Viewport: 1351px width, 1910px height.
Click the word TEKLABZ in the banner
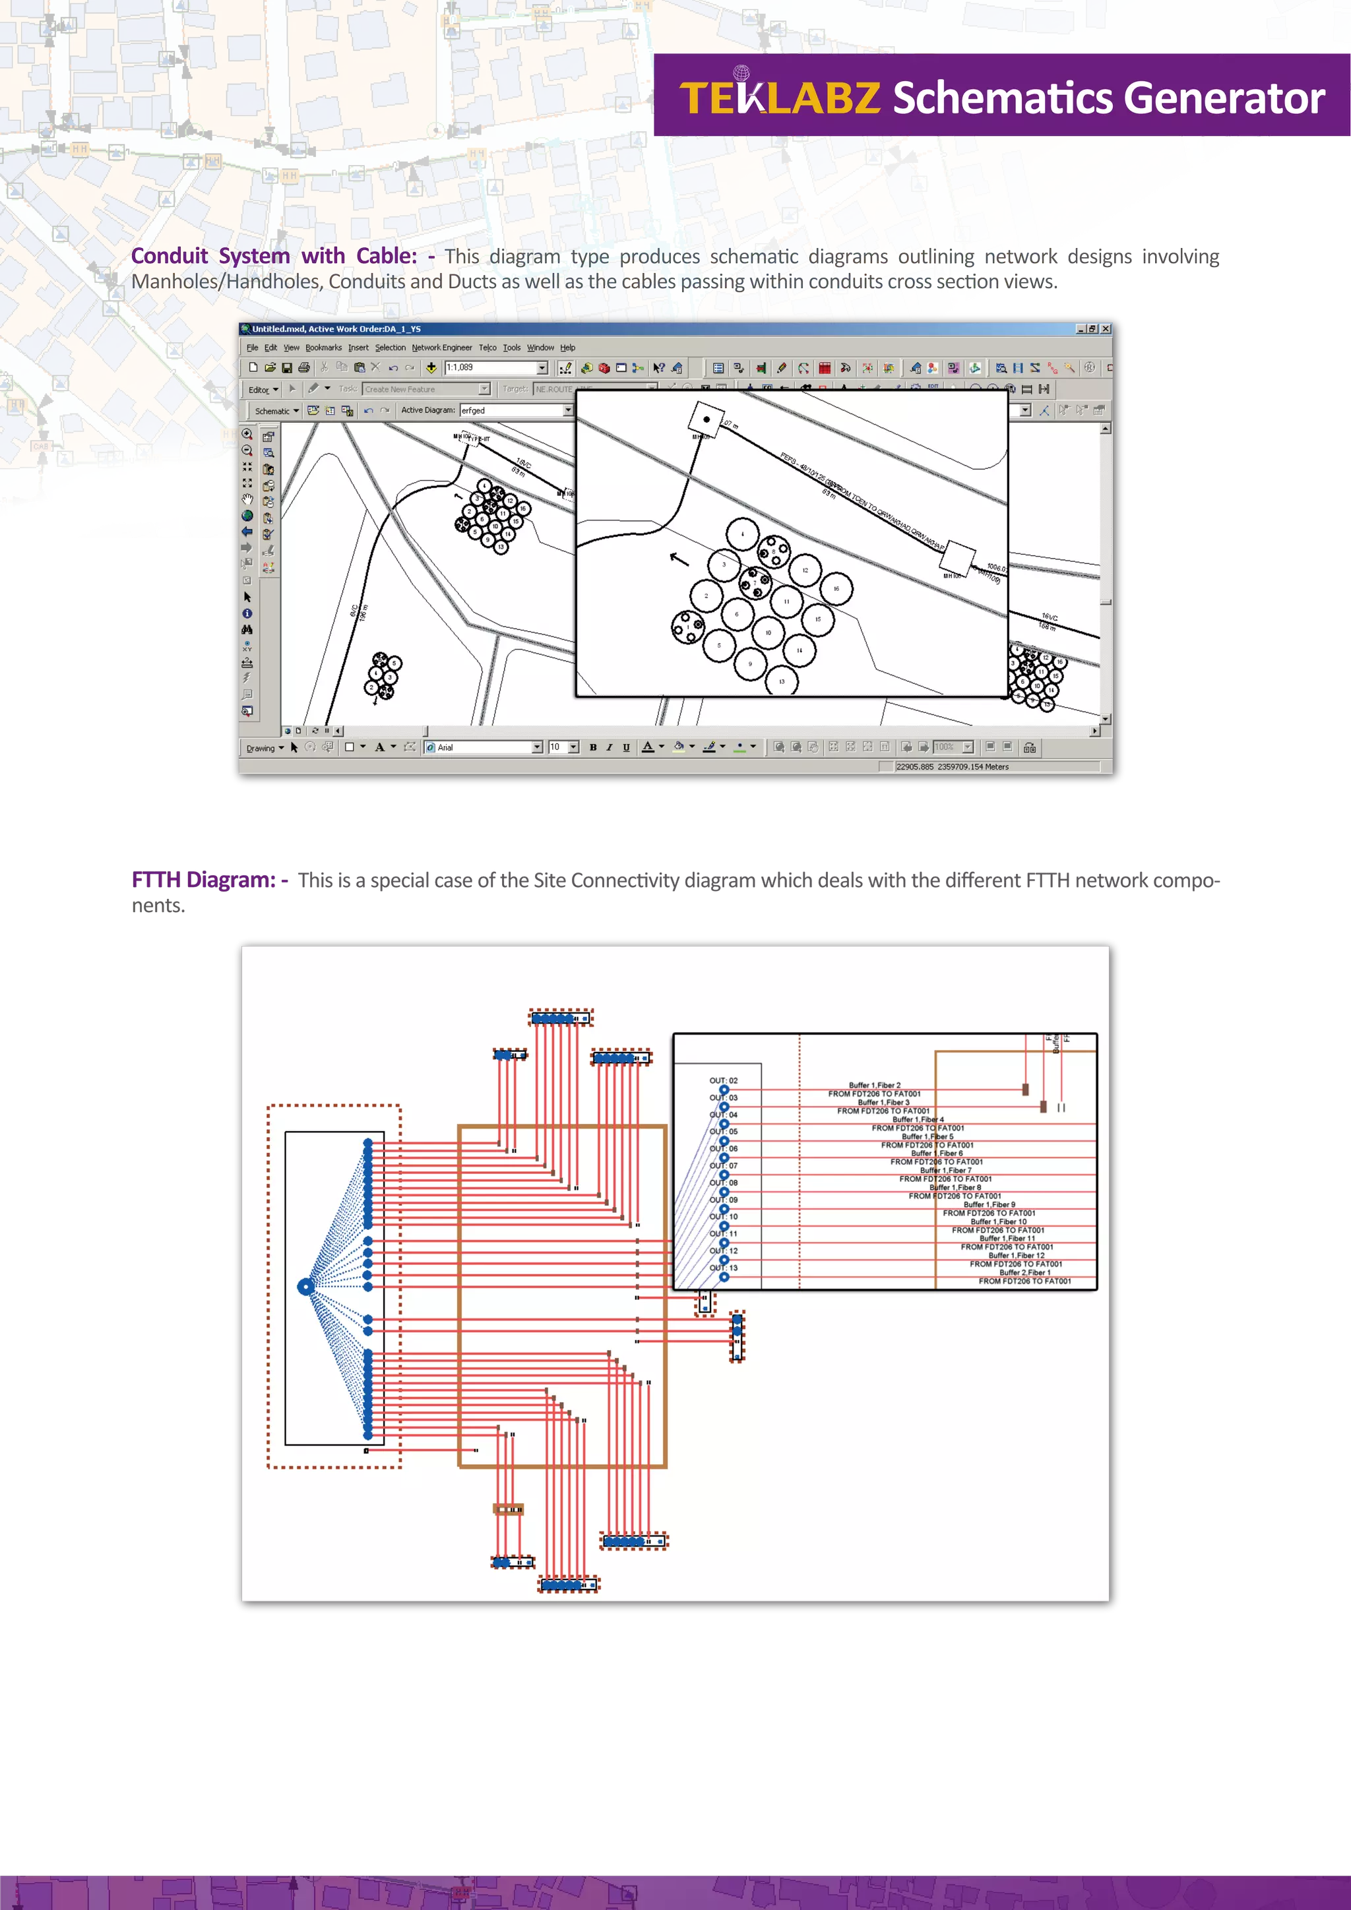780,98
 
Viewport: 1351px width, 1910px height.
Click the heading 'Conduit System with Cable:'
274,255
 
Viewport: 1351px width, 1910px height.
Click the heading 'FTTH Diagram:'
203,879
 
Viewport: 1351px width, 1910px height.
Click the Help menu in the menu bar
567,348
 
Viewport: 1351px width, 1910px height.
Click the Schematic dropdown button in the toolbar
277,411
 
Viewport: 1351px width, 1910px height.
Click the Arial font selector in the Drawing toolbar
482,747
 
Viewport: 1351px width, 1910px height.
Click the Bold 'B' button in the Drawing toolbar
593,747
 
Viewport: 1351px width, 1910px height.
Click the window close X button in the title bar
1106,328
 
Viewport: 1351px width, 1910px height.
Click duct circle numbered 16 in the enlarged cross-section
835,588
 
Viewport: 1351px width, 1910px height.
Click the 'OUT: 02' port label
723,1080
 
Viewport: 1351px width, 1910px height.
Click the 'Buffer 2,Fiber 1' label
1024,1272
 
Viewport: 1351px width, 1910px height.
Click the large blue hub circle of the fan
306,1287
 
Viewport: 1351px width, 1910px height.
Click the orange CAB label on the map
41,447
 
